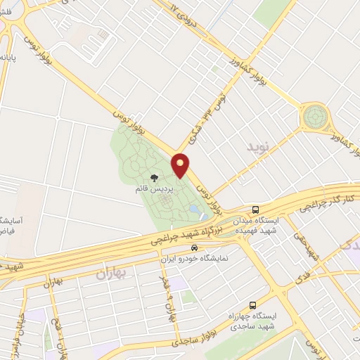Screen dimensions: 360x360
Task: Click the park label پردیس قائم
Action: point(153,190)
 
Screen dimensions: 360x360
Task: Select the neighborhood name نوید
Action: point(257,148)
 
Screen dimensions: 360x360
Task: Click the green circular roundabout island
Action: point(314,117)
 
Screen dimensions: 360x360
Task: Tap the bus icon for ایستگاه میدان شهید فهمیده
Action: point(256,210)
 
